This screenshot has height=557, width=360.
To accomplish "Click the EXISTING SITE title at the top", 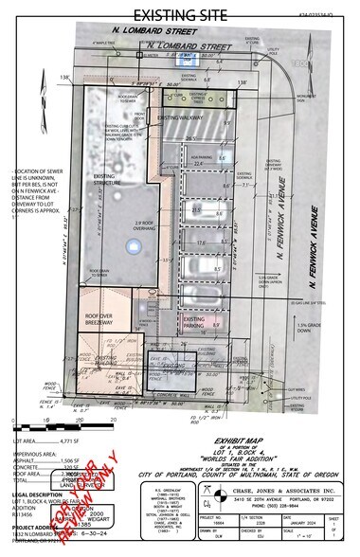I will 180,14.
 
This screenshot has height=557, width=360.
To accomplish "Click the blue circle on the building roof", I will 131,247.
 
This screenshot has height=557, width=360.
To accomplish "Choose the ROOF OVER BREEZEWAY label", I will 105,320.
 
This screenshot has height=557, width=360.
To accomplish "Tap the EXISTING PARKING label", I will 196,323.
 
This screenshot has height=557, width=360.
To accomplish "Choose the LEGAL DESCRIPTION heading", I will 34,494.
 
